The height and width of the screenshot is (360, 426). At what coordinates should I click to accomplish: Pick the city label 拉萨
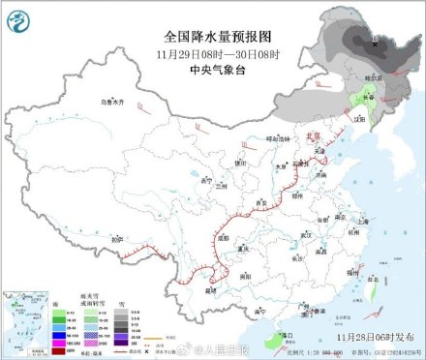click(x=91, y=239)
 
